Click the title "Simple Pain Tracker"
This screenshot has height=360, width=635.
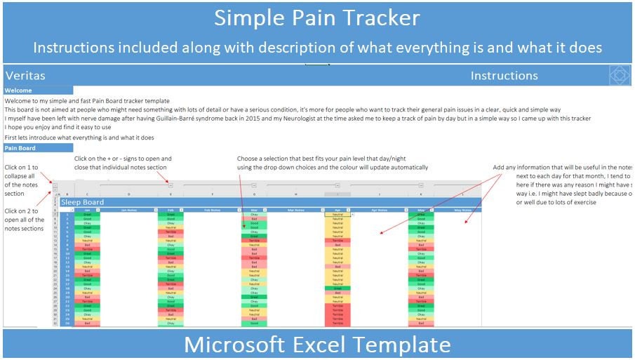coord(317,18)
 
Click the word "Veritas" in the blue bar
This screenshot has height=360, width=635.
coord(25,76)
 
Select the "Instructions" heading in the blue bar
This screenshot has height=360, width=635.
coord(504,76)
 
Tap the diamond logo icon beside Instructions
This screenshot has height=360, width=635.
coord(619,76)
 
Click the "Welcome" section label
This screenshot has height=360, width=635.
coord(18,91)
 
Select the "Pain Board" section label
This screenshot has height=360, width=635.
coord(20,148)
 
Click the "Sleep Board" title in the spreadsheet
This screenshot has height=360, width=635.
coord(82,202)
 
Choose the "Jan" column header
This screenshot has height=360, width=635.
coord(87,210)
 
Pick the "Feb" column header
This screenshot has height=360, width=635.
coord(171,210)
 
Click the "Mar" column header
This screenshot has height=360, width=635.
coord(254,210)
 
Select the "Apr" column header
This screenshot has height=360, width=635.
coord(337,210)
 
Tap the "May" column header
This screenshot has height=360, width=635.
coord(421,210)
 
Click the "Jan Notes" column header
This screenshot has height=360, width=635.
coord(129,210)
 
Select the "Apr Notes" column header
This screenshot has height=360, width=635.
coord(380,210)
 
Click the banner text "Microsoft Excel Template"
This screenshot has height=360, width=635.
coord(317,345)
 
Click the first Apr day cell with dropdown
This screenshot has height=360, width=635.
coord(337,215)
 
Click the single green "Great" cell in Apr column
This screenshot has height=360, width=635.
coord(337,288)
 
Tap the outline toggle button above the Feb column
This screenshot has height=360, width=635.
coord(171,185)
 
